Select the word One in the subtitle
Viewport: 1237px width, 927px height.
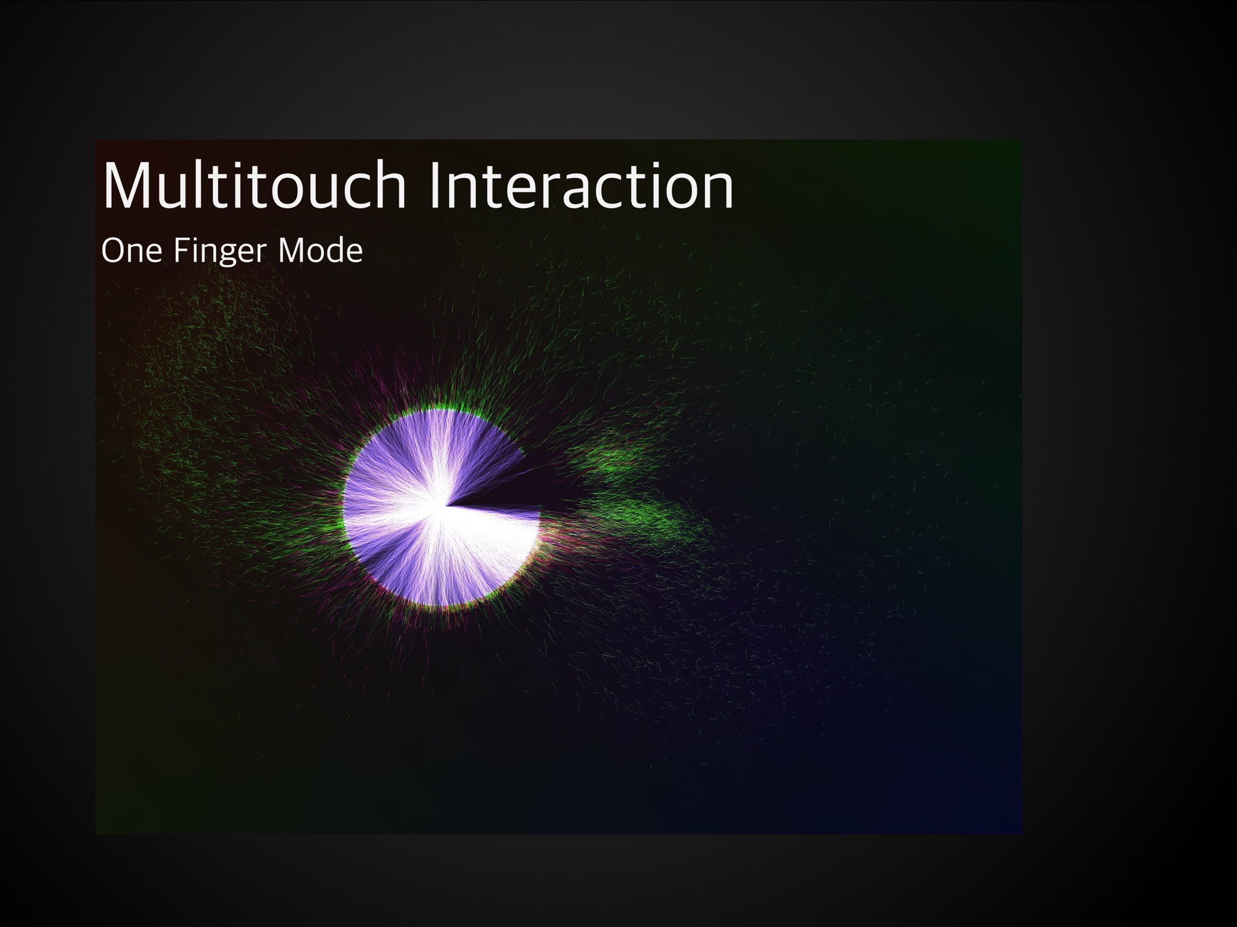(132, 251)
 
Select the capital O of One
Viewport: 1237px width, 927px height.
(112, 251)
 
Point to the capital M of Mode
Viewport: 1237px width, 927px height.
(290, 251)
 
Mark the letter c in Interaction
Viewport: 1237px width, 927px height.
(606, 192)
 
